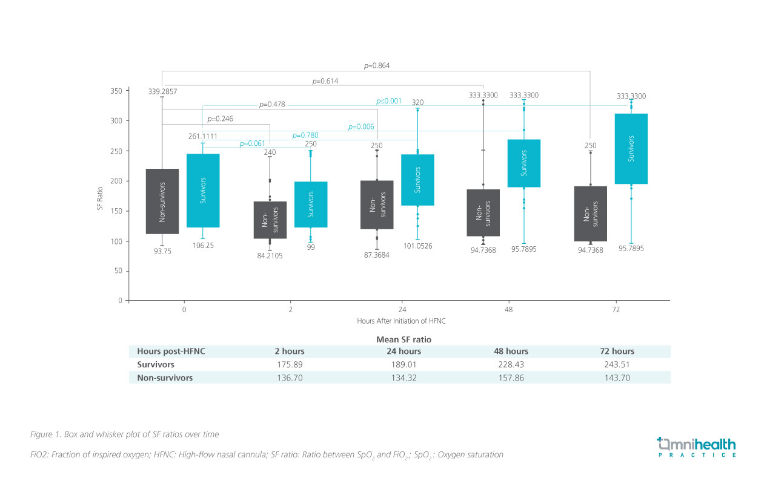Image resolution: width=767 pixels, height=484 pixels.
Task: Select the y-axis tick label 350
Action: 116,91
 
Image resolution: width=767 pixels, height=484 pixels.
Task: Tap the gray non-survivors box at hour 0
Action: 162,201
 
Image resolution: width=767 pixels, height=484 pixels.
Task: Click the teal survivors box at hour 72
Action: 631,149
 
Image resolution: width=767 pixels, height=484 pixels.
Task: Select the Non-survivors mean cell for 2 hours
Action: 290,378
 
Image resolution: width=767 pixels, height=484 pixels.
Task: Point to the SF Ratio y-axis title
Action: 100,197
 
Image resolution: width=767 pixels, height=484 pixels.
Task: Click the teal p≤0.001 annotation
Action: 389,101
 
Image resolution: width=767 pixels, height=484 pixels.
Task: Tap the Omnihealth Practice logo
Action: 697,446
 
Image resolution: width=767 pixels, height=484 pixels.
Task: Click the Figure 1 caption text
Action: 124,434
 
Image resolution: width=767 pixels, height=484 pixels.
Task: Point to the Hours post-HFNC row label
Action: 167,352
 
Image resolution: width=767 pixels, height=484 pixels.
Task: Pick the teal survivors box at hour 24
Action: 417,180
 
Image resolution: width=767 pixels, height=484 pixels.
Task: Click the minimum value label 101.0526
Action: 417,246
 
